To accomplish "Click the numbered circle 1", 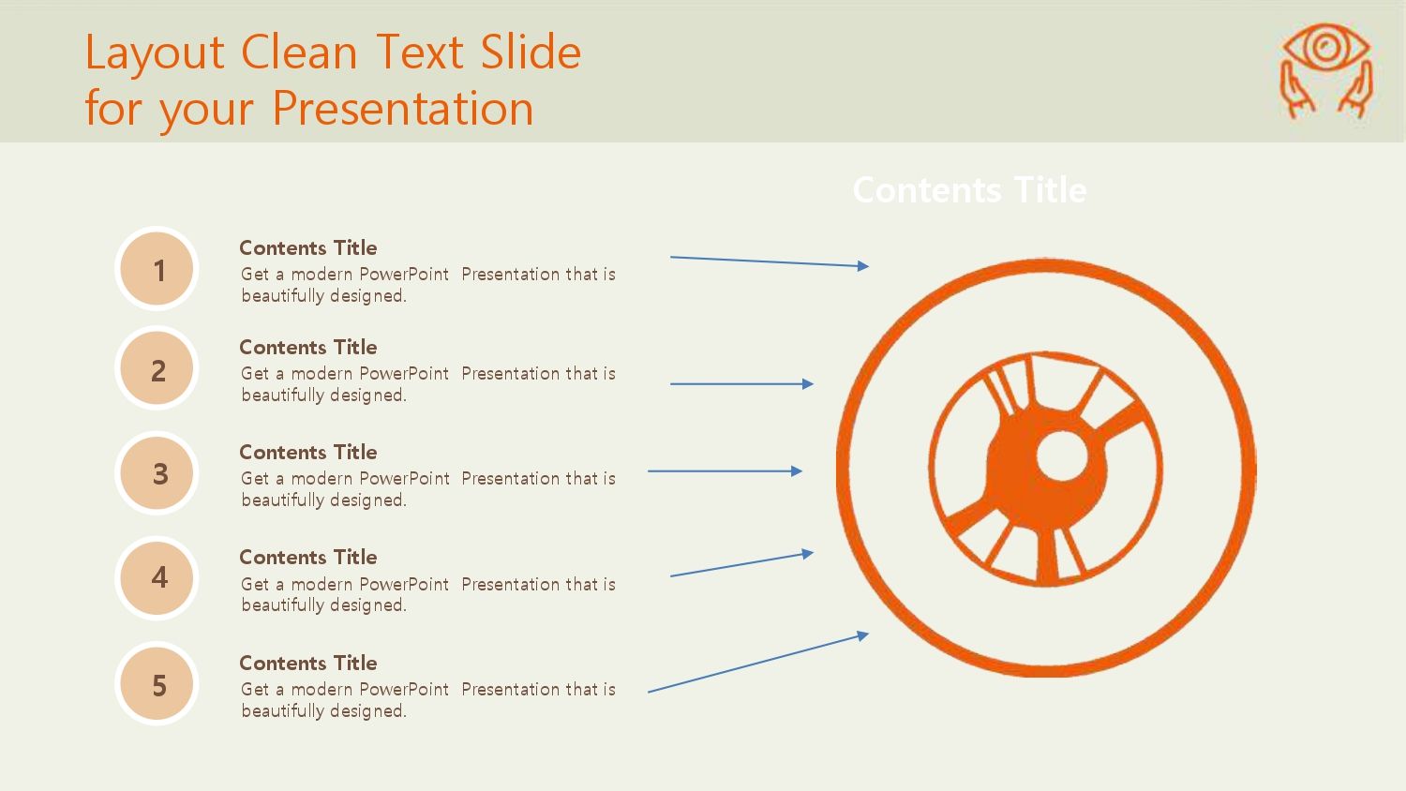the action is coord(157,269).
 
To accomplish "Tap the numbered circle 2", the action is coord(157,368).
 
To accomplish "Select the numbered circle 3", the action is coord(157,472).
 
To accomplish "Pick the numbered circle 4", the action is coord(157,577).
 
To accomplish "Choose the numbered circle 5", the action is coord(157,683).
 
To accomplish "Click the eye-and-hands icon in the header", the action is coord(1325,71).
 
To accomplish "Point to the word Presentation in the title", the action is coord(403,108).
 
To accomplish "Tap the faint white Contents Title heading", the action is coord(970,189).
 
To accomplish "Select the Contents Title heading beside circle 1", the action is coord(308,248).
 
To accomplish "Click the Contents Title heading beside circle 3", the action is coord(308,452).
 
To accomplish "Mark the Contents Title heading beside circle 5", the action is coord(308,663).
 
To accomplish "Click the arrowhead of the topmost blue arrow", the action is coord(863,266).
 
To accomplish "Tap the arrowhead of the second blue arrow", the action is coord(808,383).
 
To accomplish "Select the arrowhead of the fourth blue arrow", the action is coord(808,554).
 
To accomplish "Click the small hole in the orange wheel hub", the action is coord(1062,455).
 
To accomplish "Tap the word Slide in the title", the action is coord(531,52).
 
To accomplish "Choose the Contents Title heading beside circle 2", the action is coord(308,347).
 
